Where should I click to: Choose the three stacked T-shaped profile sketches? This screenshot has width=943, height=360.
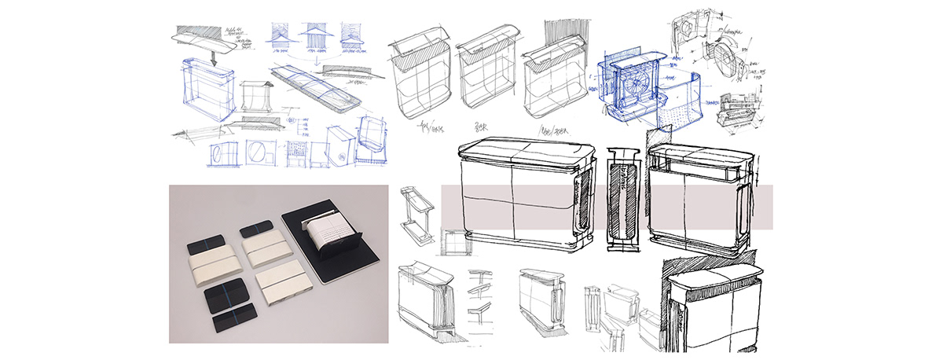click(481, 294)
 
